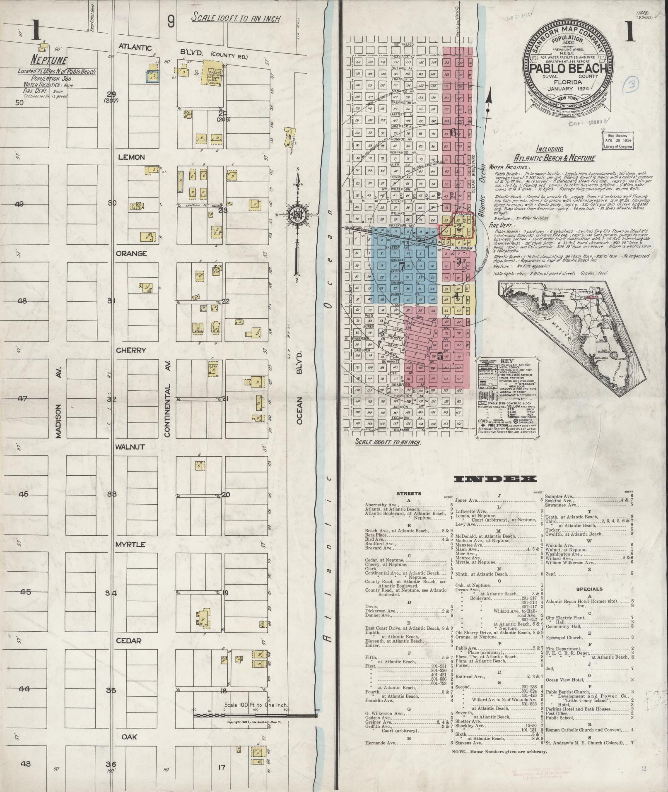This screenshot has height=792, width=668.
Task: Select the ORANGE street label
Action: [x=132, y=253]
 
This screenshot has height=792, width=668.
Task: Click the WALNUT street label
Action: [x=130, y=447]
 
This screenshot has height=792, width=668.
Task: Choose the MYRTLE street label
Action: [x=130, y=544]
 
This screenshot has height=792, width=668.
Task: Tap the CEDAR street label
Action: [x=129, y=641]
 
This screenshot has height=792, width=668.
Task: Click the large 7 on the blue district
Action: [x=401, y=265]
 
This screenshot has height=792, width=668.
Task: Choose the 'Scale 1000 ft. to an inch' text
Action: [x=388, y=442]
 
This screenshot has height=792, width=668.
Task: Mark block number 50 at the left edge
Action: [x=19, y=103]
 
